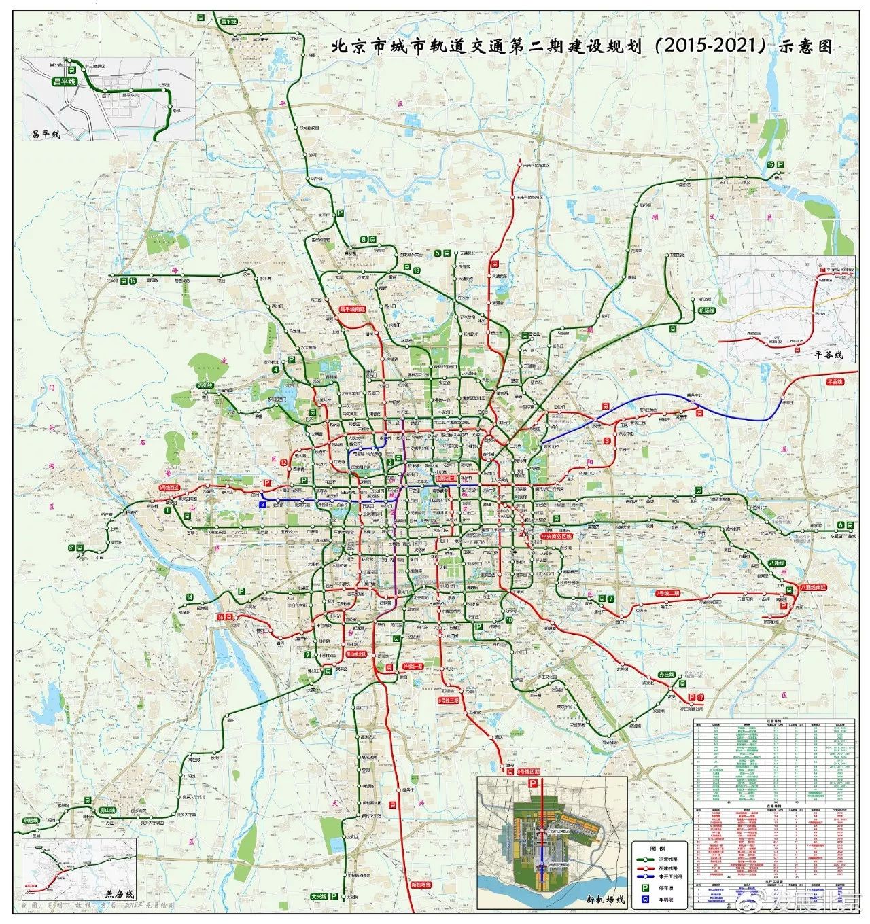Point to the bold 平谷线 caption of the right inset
tap(829, 354)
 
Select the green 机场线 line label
tap(706, 310)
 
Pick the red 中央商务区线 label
tap(557, 536)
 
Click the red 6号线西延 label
tap(169, 488)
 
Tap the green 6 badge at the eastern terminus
tap(840, 525)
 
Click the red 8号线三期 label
tap(449, 698)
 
